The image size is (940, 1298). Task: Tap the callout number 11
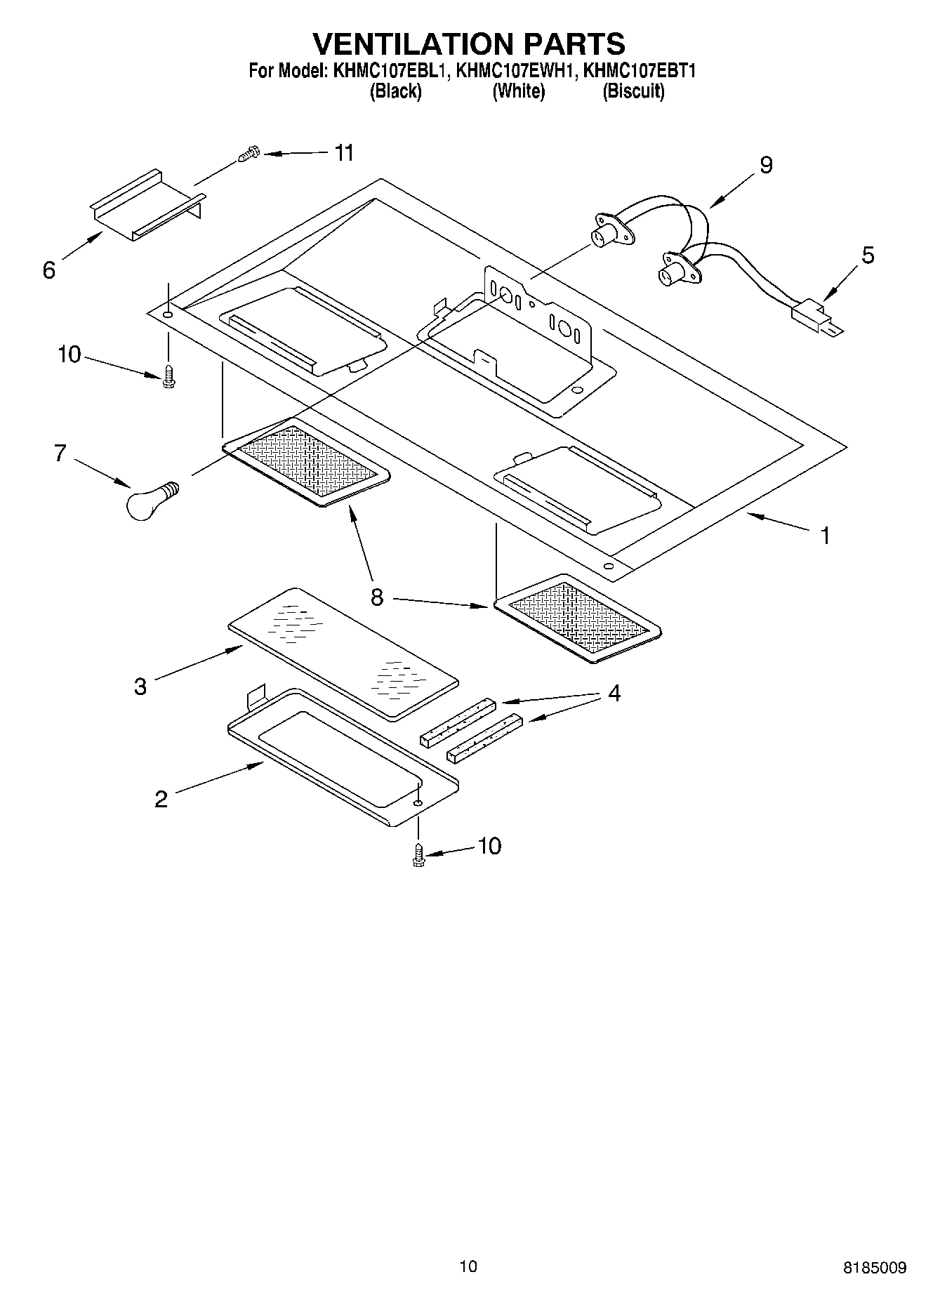(343, 153)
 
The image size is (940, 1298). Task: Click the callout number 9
(765, 165)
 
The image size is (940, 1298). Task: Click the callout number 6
(48, 270)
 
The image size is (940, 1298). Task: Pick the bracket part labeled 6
(147, 204)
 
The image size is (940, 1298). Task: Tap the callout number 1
(826, 536)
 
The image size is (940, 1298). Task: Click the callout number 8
(377, 597)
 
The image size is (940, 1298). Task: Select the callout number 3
(140, 686)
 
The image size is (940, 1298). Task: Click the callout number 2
(161, 799)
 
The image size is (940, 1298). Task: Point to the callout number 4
(614, 694)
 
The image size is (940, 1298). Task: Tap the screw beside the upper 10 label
(168, 378)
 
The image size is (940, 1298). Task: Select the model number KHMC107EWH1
(517, 71)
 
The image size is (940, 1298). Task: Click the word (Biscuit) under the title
(633, 91)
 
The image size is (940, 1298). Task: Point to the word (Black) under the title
(396, 91)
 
